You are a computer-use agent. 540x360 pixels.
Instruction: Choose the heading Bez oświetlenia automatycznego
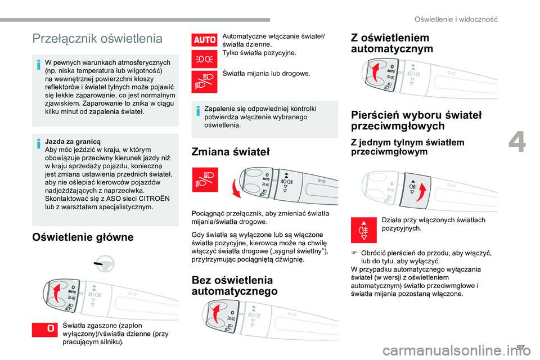234,285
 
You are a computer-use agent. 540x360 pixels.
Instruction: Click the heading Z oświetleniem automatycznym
391,43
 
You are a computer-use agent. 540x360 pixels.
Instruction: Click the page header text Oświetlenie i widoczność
456,19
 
